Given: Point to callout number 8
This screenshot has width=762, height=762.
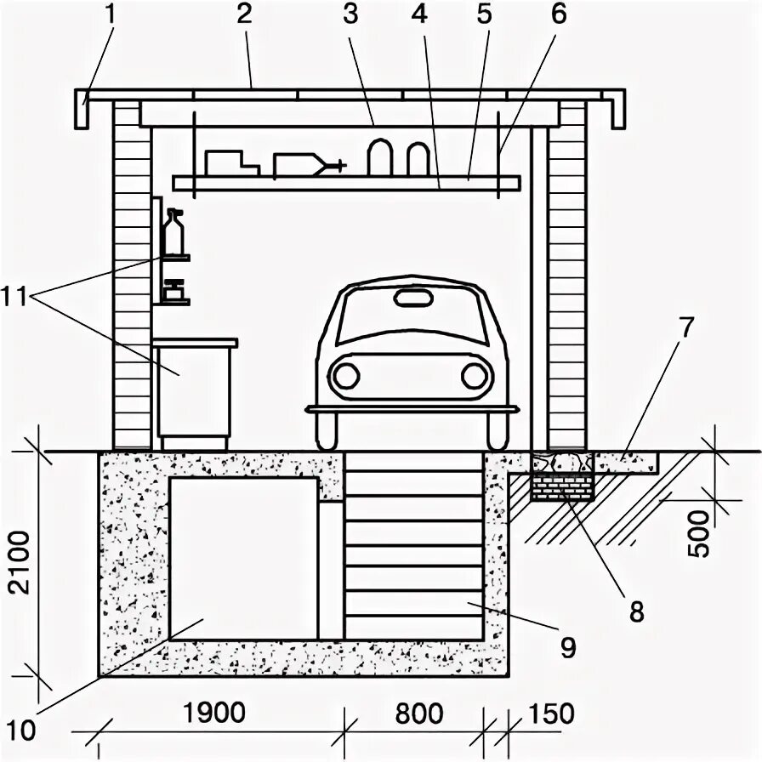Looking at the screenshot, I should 635,610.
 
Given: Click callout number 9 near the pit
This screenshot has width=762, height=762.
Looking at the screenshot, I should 568,647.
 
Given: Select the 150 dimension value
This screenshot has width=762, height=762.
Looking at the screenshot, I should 550,714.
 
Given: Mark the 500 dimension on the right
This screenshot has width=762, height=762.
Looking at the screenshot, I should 699,533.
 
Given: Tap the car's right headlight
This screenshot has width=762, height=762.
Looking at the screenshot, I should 474,375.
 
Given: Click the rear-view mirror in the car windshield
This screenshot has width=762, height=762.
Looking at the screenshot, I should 412,298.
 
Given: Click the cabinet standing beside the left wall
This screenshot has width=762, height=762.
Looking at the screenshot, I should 194,387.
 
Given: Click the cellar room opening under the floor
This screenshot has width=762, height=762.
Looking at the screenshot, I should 243,557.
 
